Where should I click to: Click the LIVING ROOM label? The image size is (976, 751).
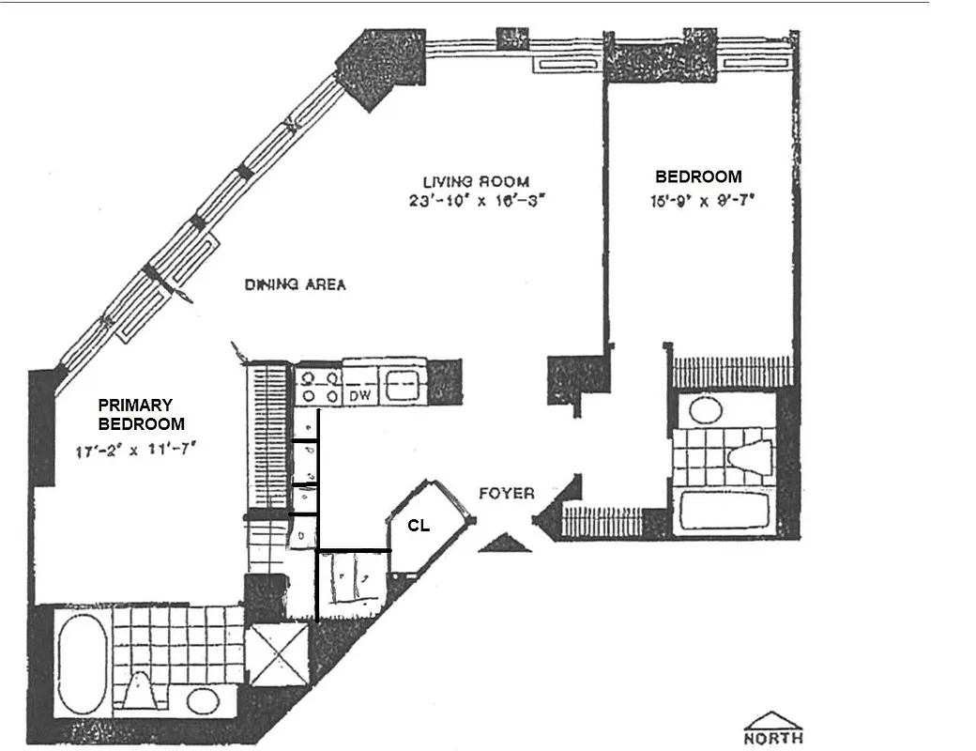click(x=475, y=181)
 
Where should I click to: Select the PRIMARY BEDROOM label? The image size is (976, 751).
click(x=141, y=414)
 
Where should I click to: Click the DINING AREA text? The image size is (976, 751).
click(x=295, y=284)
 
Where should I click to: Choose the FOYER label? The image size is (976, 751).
click(x=506, y=493)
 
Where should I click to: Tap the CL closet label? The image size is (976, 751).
click(x=418, y=527)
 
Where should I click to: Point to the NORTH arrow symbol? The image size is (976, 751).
click(x=773, y=728)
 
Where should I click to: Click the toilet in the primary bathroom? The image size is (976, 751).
click(x=142, y=691)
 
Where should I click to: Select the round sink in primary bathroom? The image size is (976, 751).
click(x=202, y=700)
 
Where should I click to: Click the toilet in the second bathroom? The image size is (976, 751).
click(x=752, y=457)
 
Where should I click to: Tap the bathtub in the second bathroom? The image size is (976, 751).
click(x=724, y=512)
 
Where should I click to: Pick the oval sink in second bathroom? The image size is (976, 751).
click(x=704, y=409)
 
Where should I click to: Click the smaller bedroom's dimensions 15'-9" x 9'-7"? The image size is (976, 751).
click(x=698, y=199)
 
